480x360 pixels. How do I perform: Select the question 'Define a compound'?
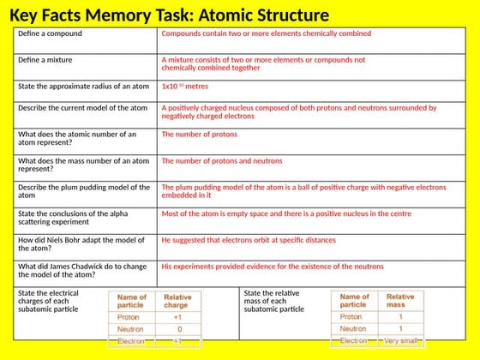coord(51,33)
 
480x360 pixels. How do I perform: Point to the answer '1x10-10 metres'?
coord(185,87)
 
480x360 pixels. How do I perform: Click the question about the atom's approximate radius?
coord(84,87)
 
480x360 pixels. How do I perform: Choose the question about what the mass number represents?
coord(84,165)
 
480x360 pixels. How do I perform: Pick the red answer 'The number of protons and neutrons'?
coord(222,160)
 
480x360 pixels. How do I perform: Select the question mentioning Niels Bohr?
coord(81,244)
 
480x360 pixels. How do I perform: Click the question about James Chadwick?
coord(82,271)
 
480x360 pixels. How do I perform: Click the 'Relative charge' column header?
coord(177,301)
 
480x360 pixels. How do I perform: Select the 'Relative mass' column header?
coord(400,301)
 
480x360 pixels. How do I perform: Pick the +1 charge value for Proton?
coord(177,315)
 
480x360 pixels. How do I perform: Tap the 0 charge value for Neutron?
coord(177,328)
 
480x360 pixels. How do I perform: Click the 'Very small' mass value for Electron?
coord(400,341)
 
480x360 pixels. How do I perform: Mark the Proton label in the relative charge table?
coord(128,315)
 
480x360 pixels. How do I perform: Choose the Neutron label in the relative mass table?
coord(353,328)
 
